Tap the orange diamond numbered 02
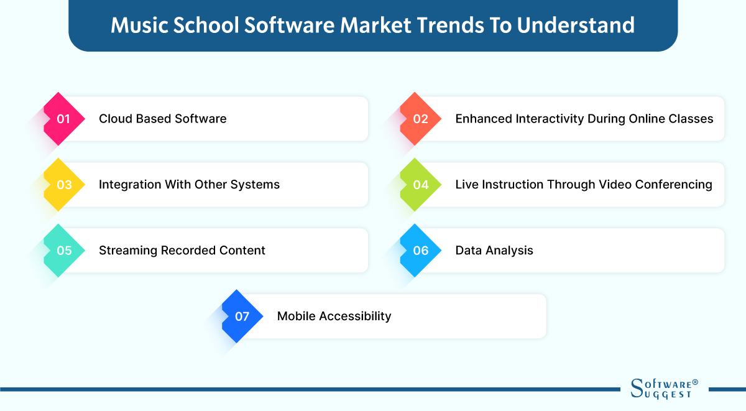point(421,119)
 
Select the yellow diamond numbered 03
point(64,185)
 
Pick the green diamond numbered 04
point(421,185)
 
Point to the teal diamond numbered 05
point(64,251)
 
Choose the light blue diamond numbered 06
point(421,251)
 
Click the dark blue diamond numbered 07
point(242,316)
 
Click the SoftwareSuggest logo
point(664,389)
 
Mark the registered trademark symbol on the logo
point(695,382)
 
